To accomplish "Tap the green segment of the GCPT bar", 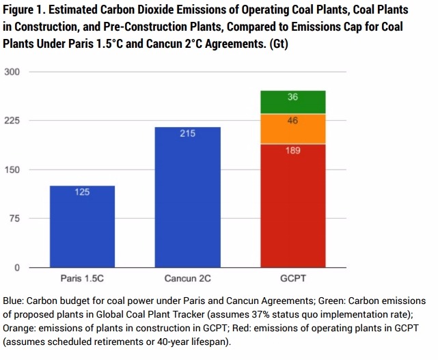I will point(292,102).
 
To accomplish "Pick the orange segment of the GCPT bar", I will point(292,129).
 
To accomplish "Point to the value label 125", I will point(82,193).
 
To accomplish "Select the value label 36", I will point(292,98).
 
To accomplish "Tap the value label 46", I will point(292,121).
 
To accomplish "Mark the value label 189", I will point(292,150).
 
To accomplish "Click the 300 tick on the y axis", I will point(13,72).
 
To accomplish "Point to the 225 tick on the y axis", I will point(13,121).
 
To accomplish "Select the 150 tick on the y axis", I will point(13,169).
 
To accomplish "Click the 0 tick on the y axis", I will point(18,268).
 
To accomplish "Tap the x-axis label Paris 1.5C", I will point(81,279).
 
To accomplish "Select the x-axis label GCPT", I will point(292,279).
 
